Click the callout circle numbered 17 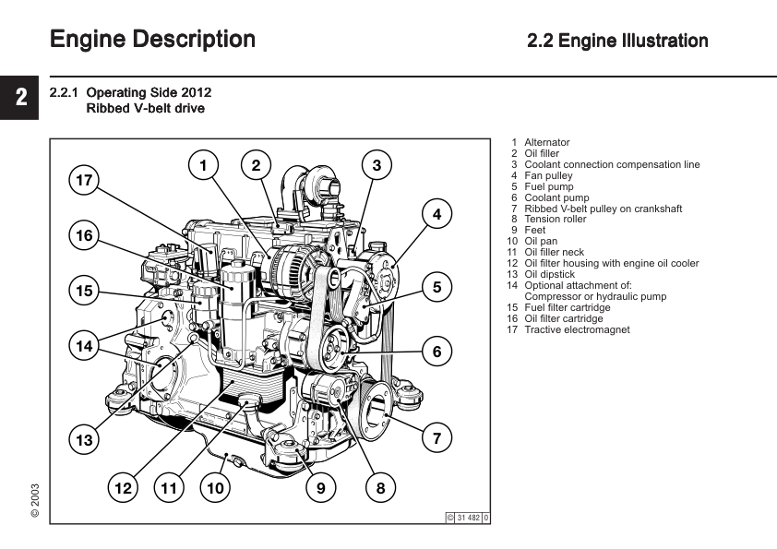tap(85, 180)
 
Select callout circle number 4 tap(436, 214)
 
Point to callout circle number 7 tap(436, 438)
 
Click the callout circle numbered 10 tap(215, 487)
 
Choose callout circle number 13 tap(85, 440)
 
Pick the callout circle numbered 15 tap(85, 292)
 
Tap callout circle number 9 tap(320, 487)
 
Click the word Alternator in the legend tap(546, 142)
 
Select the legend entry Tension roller tap(555, 220)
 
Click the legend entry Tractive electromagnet tap(577, 329)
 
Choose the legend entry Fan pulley tap(548, 175)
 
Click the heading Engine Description tap(152, 40)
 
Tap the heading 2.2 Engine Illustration tap(617, 41)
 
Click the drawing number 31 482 tap(468, 518)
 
